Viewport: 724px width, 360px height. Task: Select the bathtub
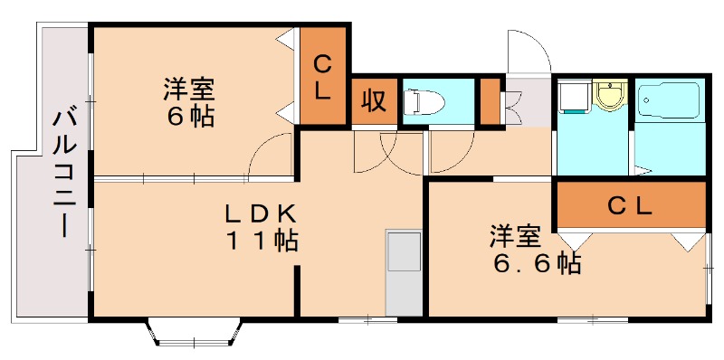coord(670,101)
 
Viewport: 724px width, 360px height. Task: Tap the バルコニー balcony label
coord(63,172)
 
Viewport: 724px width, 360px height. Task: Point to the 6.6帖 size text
coord(536,263)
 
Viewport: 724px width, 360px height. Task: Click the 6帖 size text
coord(189,117)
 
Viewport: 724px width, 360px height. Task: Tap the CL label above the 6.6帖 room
coord(630,205)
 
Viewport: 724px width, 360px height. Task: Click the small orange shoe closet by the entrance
coord(490,101)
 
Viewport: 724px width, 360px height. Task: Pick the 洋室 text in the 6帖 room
coord(189,90)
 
